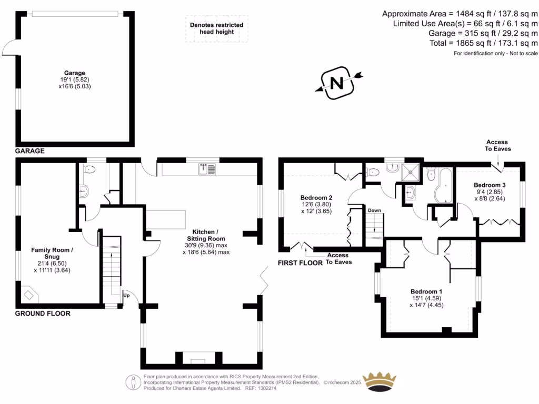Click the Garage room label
[x=74, y=73]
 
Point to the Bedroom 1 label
[x=426, y=291]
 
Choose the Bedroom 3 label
[x=490, y=185]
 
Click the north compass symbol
[x=336, y=83]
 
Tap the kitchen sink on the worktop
[x=207, y=169]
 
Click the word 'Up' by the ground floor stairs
[x=126, y=296]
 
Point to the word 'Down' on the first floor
[x=374, y=210]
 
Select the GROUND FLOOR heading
[x=43, y=314]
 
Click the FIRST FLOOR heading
[x=300, y=262]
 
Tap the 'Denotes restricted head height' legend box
[x=217, y=28]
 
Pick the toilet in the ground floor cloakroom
[x=89, y=170]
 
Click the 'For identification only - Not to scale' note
[x=495, y=54]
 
